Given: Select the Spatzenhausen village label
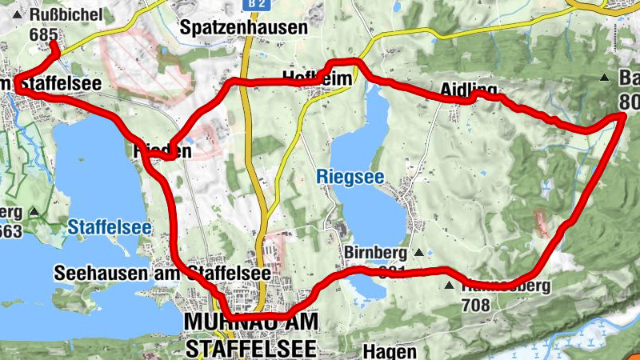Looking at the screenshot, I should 244,27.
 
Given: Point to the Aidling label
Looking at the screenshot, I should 468,88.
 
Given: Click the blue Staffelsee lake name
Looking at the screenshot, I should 110,227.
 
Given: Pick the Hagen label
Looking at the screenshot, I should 390,351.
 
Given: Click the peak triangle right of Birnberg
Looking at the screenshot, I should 418,253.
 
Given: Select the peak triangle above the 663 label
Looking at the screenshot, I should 34,212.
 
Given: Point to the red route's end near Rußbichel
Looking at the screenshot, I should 52,43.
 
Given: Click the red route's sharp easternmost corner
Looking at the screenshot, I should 622,118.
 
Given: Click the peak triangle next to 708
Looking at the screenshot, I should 450,286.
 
